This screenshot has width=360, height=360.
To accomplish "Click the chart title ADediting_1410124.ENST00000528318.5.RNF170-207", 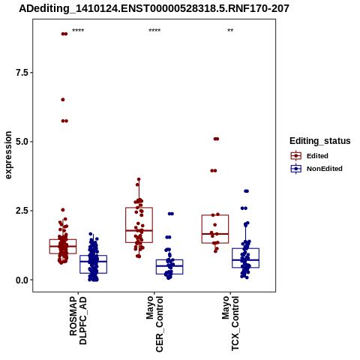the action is pos(154,8).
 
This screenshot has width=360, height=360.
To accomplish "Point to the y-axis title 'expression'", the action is pos(8,155).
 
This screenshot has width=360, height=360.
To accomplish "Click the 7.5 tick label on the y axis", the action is pos(22,73).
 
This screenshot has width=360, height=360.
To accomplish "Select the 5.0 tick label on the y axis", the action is pos(22,142).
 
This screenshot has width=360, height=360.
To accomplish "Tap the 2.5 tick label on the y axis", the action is pos(22,211).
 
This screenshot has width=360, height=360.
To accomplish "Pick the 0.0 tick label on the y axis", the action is pos(22,280).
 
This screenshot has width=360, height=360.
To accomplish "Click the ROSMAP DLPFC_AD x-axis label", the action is pos(78,320).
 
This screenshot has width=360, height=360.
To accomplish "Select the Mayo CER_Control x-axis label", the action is pos(154,324).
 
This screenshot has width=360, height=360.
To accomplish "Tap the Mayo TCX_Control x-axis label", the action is pos(230,323).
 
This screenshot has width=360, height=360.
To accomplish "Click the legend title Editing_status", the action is pos(320,141).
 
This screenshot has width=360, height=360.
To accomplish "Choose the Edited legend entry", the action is pos(310,156).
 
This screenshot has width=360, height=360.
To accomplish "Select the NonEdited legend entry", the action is pos(316,169).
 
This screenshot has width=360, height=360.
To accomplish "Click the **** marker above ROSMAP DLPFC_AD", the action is pos(78,31).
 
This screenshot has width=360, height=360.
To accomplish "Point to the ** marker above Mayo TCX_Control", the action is pos(230,31).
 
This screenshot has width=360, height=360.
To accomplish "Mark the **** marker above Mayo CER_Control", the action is pos(154,31).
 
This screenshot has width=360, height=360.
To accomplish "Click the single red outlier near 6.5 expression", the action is pos(63,100).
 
